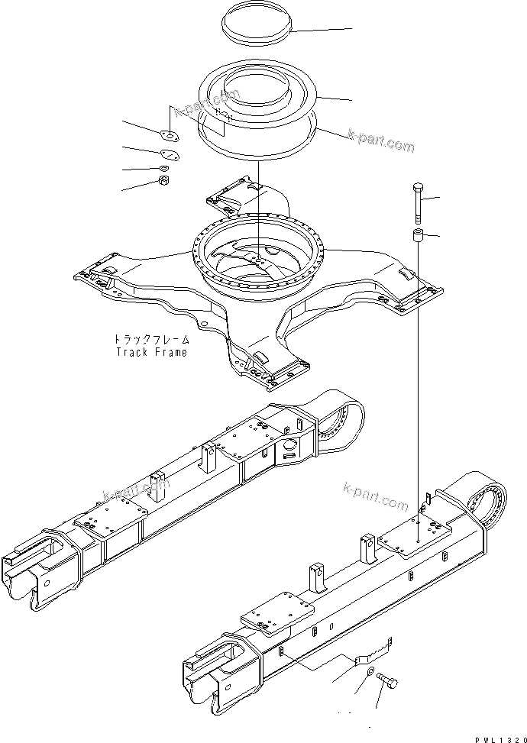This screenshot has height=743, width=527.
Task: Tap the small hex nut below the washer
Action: pyautogui.click(x=163, y=181)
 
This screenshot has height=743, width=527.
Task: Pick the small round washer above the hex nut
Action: pyautogui.click(x=163, y=168)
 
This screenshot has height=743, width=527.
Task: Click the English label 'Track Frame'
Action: pyautogui.click(x=151, y=352)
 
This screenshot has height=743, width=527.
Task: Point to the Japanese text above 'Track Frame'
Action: pyautogui.click(x=151, y=340)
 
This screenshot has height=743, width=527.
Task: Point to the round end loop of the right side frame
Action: pyautogui.click(x=486, y=504)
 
